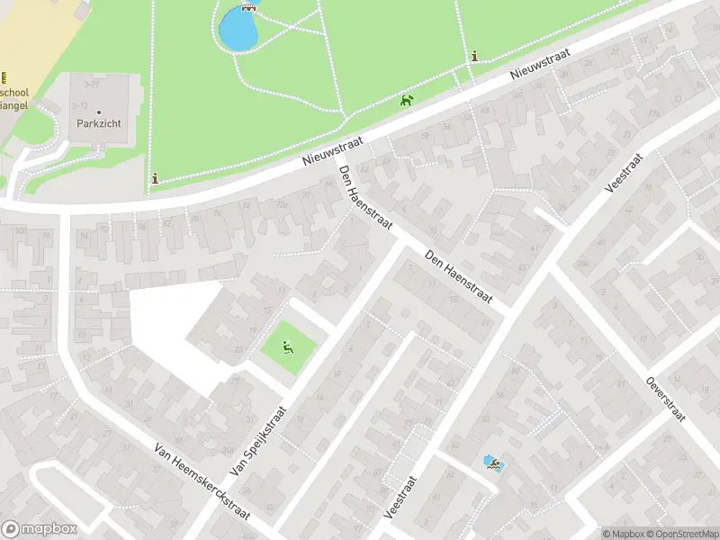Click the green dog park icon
tap(407, 100)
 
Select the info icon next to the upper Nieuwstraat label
tap(474, 57)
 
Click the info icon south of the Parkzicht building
tap(156, 178)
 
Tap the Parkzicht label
tap(99, 124)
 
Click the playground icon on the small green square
tap(288, 346)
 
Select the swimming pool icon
tap(493, 463)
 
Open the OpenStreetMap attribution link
tap(682, 534)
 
